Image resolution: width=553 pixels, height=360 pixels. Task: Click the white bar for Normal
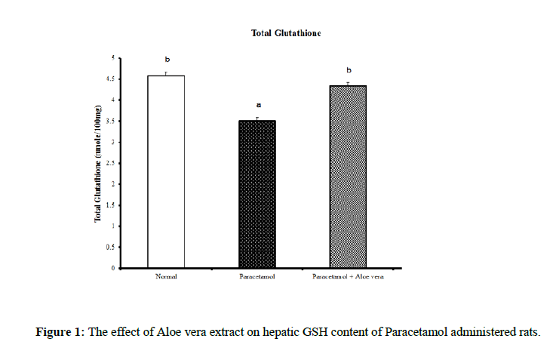pyautogui.click(x=167, y=172)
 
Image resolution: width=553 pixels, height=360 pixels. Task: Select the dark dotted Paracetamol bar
pyautogui.click(x=257, y=195)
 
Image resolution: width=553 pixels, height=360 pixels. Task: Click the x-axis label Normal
pyautogui.click(x=167, y=278)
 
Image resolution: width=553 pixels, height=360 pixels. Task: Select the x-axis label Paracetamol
pyautogui.click(x=257, y=278)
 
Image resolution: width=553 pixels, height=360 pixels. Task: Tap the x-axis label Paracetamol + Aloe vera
pyautogui.click(x=348, y=278)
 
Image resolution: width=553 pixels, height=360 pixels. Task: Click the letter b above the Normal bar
pyautogui.click(x=167, y=59)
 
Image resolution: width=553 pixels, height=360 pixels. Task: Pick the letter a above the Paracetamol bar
pyautogui.click(x=257, y=106)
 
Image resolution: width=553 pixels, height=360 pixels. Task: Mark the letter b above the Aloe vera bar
pyautogui.click(x=349, y=70)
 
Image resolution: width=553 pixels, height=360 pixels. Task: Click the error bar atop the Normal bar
pyautogui.click(x=167, y=73)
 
